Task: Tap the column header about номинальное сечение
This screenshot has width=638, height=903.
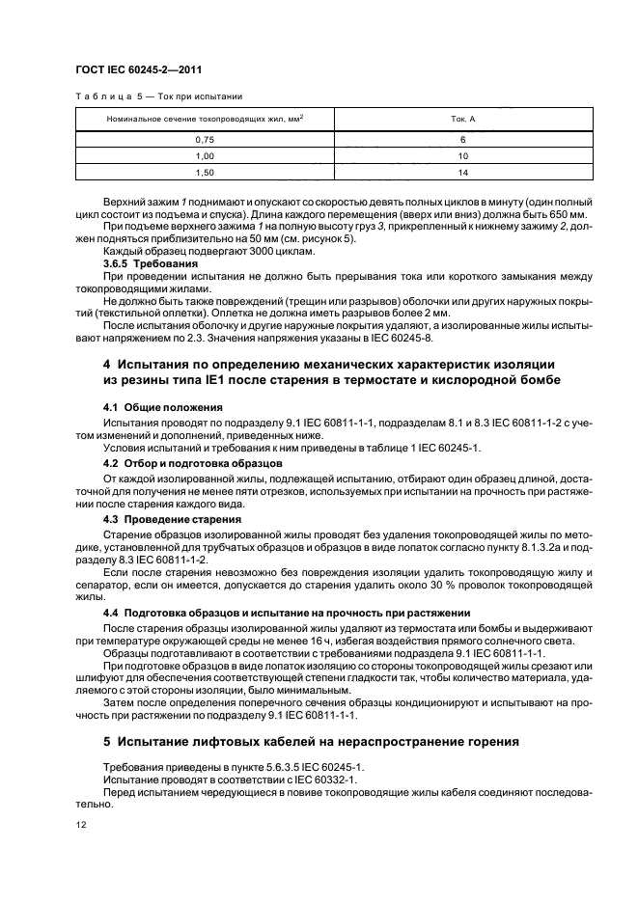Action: point(205,119)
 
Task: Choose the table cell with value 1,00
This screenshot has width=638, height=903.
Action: point(205,156)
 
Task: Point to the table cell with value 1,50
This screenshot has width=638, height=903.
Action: point(205,172)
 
